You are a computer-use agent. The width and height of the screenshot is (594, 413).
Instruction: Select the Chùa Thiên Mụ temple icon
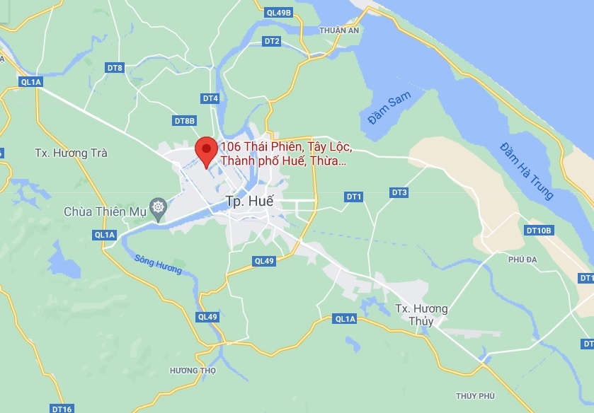(x=157, y=211)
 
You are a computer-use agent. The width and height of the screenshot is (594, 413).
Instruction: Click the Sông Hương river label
(x=158, y=264)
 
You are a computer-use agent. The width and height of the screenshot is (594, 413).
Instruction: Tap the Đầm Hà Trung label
(x=525, y=170)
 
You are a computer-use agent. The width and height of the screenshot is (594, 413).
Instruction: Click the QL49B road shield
(x=279, y=13)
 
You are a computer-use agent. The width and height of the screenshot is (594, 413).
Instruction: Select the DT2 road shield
(x=272, y=41)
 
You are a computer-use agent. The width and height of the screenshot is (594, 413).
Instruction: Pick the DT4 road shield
(x=210, y=98)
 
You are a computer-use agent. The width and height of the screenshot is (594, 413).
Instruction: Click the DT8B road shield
(x=184, y=121)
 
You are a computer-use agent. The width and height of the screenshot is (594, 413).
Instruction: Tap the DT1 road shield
(x=353, y=196)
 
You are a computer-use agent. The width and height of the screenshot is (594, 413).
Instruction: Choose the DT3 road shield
(x=399, y=192)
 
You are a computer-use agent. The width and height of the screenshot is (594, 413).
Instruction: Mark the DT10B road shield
(x=538, y=231)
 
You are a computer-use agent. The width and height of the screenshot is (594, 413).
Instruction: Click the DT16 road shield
(x=62, y=409)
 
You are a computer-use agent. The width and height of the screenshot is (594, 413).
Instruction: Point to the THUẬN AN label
(x=339, y=30)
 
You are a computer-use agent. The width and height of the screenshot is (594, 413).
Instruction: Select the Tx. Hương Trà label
(x=71, y=153)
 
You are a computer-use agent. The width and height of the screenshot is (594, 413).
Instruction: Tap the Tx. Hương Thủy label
(x=421, y=315)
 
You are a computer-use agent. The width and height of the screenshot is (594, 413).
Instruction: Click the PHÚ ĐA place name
(x=522, y=260)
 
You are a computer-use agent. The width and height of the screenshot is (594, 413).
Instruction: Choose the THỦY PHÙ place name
(x=475, y=395)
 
